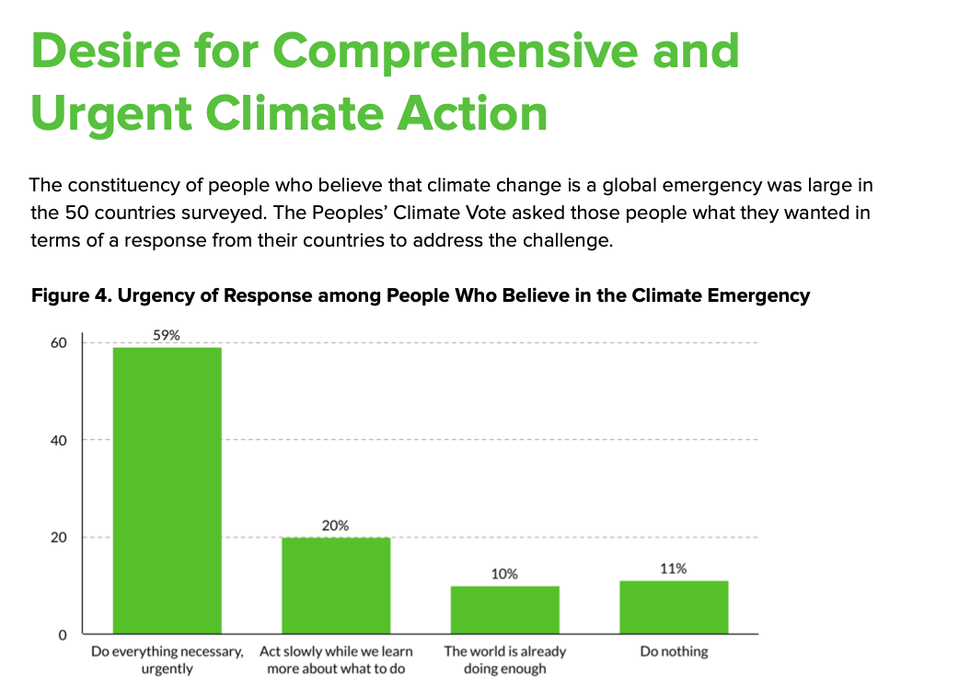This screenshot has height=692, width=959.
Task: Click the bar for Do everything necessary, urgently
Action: coord(167,490)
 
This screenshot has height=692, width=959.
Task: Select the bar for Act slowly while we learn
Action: coord(336,585)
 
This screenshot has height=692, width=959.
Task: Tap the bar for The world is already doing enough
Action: coord(504,609)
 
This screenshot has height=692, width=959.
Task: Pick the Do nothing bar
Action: coord(674,607)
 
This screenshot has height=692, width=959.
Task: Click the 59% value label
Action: coord(167,336)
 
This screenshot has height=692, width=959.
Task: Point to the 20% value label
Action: coord(336,525)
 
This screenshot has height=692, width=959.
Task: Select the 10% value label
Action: coord(504,574)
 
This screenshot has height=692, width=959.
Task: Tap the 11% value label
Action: coord(674,569)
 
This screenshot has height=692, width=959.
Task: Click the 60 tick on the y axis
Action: coord(59,342)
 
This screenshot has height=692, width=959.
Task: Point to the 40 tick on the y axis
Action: coord(59,440)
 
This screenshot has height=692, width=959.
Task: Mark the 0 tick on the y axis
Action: coord(64,635)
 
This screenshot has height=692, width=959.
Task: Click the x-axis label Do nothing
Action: coord(674,652)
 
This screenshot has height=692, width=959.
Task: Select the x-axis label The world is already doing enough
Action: coord(504,660)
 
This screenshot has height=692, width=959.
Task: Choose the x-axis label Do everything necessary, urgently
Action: coord(167,660)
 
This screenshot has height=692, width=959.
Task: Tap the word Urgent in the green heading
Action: coord(111,113)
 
